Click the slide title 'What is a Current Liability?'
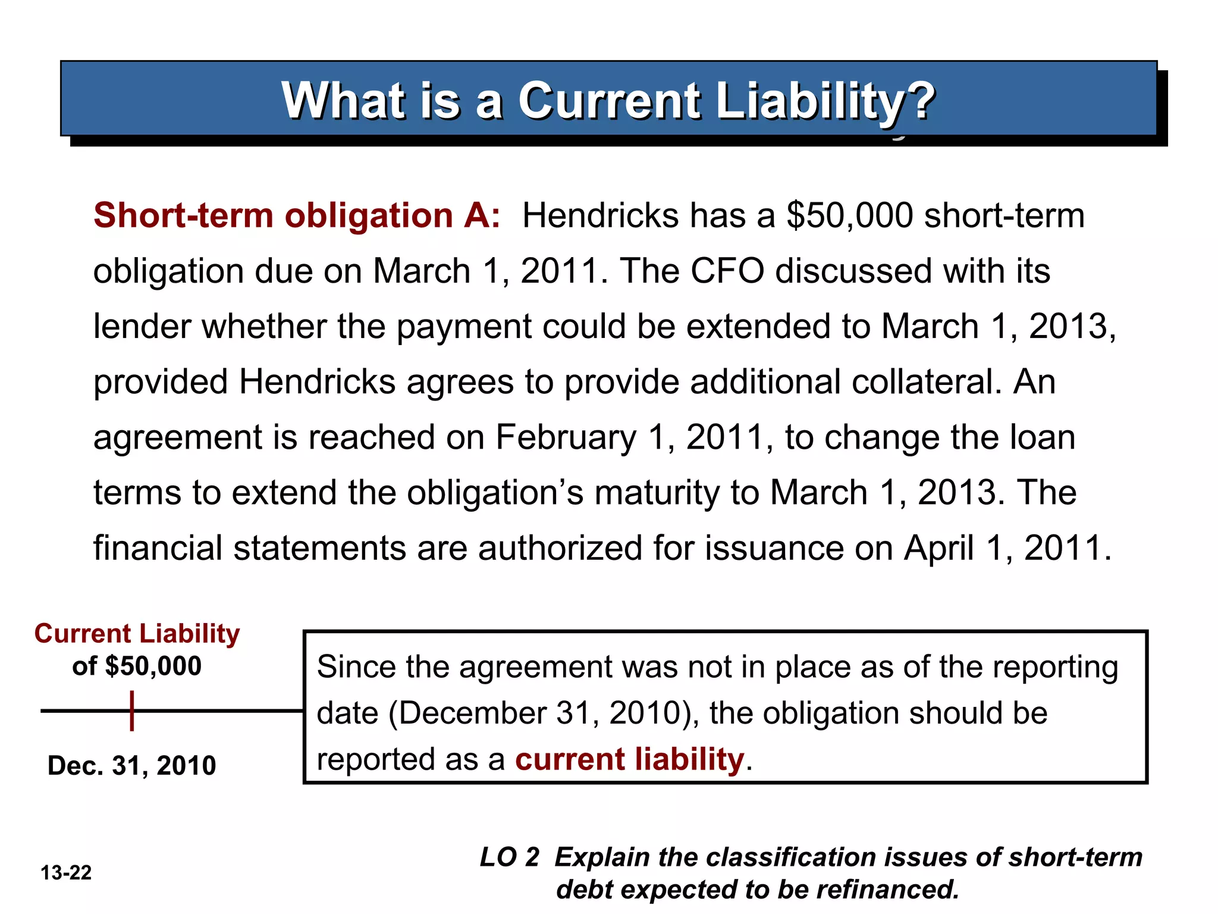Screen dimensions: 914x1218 click(608, 101)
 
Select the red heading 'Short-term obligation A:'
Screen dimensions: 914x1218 click(297, 215)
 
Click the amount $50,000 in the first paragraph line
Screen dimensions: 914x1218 click(849, 215)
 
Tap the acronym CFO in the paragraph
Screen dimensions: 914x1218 click(727, 271)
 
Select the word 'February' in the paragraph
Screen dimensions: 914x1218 click(566, 437)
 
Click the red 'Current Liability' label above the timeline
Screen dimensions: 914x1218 click(137, 634)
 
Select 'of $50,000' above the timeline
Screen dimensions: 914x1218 click(137, 666)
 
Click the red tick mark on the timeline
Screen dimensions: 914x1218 click(132, 710)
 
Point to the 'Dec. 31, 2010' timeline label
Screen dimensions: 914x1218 click(131, 765)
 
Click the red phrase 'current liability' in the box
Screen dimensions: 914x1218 click(629, 760)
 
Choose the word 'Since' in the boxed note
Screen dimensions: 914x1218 click(355, 667)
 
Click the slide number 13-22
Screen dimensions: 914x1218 click(66, 873)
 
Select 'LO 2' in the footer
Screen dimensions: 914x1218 click(509, 857)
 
